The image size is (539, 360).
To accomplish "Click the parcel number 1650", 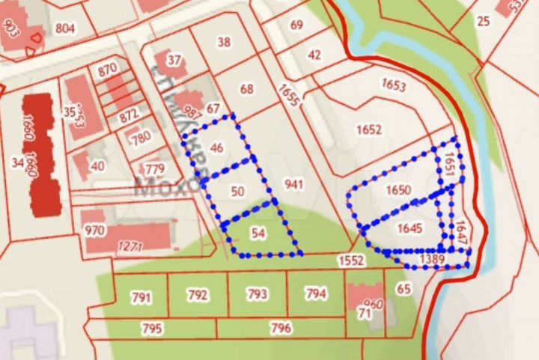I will pyautogui.click(x=398, y=190).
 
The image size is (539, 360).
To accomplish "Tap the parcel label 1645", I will pyautogui.click(x=410, y=228).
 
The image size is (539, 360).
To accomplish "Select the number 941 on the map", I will pyautogui.click(x=294, y=183).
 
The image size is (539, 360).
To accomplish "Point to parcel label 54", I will pyautogui.click(x=258, y=234).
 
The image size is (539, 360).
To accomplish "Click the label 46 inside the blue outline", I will pyautogui.click(x=217, y=147).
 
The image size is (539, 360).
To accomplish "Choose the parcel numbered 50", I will pyautogui.click(x=238, y=192).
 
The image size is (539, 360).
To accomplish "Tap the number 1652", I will pyautogui.click(x=369, y=129).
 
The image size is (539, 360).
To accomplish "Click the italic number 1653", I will pyautogui.click(x=394, y=84).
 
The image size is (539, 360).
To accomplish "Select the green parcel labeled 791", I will pyautogui.click(x=141, y=298).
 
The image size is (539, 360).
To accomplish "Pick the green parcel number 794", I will pyautogui.click(x=316, y=294).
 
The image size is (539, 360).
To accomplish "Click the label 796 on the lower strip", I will pyautogui.click(x=281, y=327).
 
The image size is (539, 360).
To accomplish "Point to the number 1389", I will pyautogui.click(x=432, y=258).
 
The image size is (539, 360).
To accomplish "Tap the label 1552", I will pyautogui.click(x=350, y=260).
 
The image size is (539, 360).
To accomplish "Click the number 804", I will pyautogui.click(x=65, y=28).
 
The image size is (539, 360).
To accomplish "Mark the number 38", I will pyautogui.click(x=224, y=43).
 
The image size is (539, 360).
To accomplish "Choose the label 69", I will pyautogui.click(x=296, y=25).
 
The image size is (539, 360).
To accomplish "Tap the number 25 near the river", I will pyautogui.click(x=483, y=20).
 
